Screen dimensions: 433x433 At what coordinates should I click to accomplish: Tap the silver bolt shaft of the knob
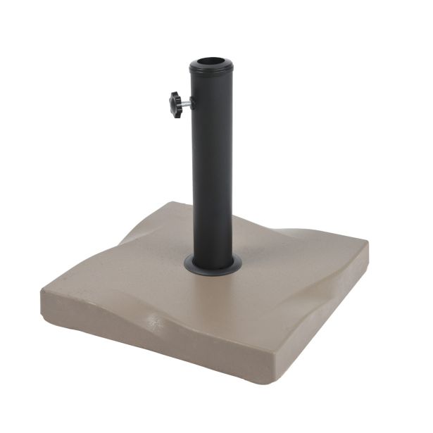184,104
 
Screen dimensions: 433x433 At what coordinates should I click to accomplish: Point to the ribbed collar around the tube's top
211,70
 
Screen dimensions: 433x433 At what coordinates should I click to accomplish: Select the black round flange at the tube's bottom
212,265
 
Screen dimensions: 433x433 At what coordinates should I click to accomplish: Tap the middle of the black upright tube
211,162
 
